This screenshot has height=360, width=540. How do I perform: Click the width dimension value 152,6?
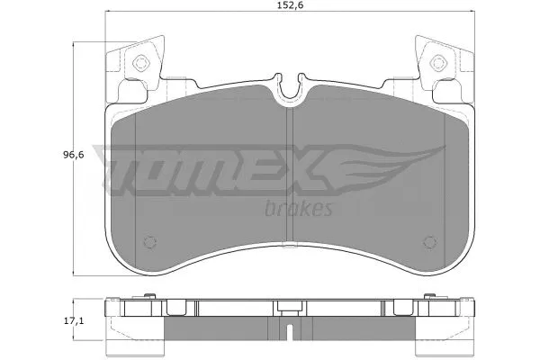click(286, 11)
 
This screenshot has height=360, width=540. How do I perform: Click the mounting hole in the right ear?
click(438, 62)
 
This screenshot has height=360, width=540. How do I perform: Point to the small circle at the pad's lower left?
click(150, 241)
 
